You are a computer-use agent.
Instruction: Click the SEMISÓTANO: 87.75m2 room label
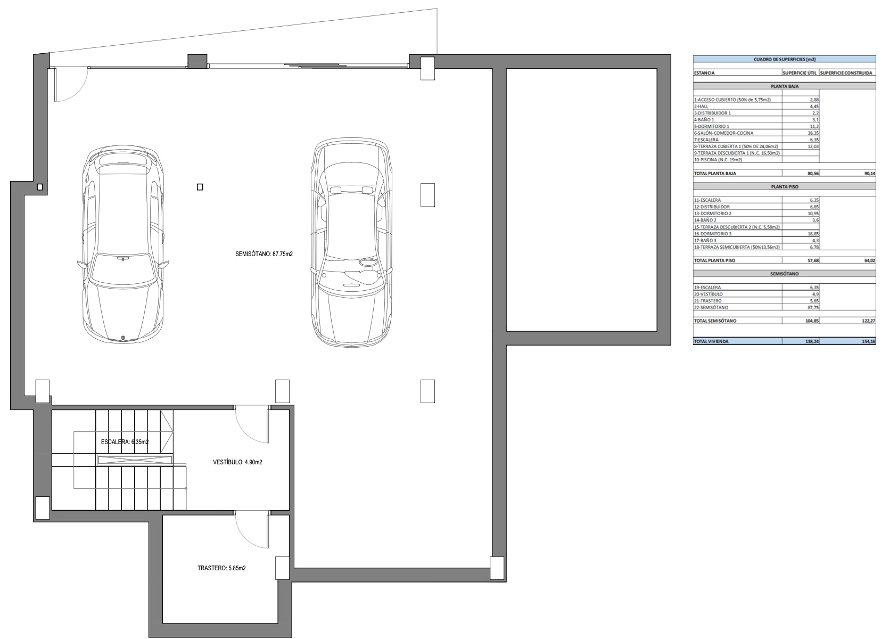coord(264,254)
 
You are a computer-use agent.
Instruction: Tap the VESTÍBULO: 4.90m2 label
coord(237,462)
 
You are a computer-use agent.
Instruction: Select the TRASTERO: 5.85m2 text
coord(221,568)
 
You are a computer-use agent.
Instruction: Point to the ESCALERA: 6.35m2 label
coord(125,442)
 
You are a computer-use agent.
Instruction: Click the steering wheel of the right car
coord(368,263)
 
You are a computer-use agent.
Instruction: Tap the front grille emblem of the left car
coord(122,338)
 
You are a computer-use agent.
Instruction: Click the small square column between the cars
coord(200,187)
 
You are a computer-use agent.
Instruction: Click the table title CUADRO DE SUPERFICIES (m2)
coord(784,60)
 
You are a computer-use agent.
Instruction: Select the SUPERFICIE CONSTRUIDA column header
coord(846,73)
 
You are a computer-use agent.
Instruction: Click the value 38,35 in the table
coord(813,133)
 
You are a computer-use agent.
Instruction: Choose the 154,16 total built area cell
coord(868,341)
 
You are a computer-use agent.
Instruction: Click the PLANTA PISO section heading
coord(784,186)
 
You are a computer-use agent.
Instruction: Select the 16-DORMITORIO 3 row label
coord(712,234)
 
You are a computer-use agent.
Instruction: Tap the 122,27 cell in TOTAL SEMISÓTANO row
coord(868,321)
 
